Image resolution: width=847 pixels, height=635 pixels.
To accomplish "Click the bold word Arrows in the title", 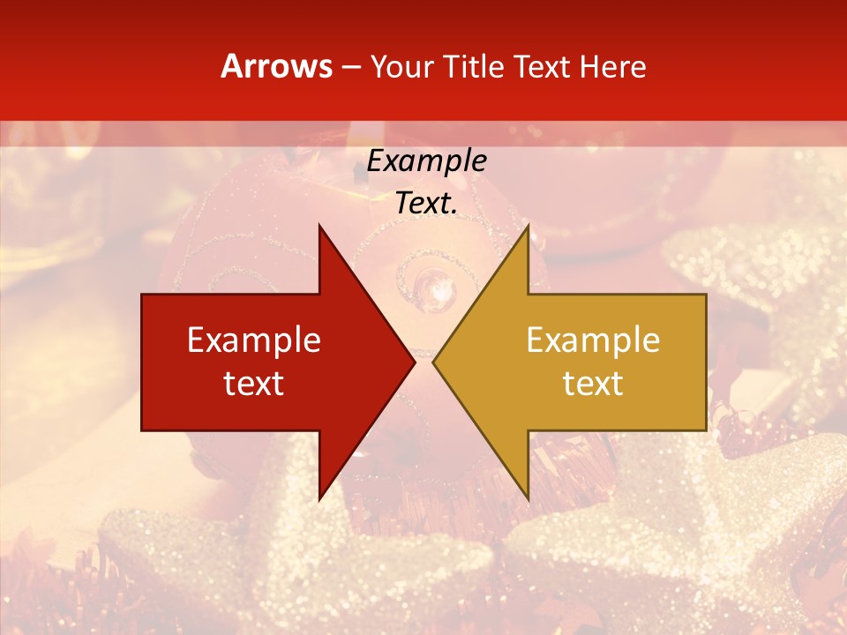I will tap(277, 66).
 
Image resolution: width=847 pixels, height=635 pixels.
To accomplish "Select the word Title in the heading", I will tap(474, 66).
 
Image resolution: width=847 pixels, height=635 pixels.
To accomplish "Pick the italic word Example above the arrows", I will tap(427, 161).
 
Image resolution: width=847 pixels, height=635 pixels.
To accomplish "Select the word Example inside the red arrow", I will tap(254, 340).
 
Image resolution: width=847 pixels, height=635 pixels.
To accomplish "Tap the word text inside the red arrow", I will tap(254, 383).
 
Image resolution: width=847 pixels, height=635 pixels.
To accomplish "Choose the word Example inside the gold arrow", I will tap(593, 340).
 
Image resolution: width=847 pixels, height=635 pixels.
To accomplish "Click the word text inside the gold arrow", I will tap(593, 383).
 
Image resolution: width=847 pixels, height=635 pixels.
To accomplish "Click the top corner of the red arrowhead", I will tap(319, 226).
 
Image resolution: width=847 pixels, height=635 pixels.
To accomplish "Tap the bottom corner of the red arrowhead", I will tap(319, 498).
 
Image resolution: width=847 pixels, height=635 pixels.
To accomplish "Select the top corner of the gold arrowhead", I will tap(528, 226).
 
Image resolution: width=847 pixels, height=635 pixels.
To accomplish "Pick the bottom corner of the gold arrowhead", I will tap(528, 498).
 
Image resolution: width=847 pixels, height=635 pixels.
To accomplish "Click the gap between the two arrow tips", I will tap(424, 362).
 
